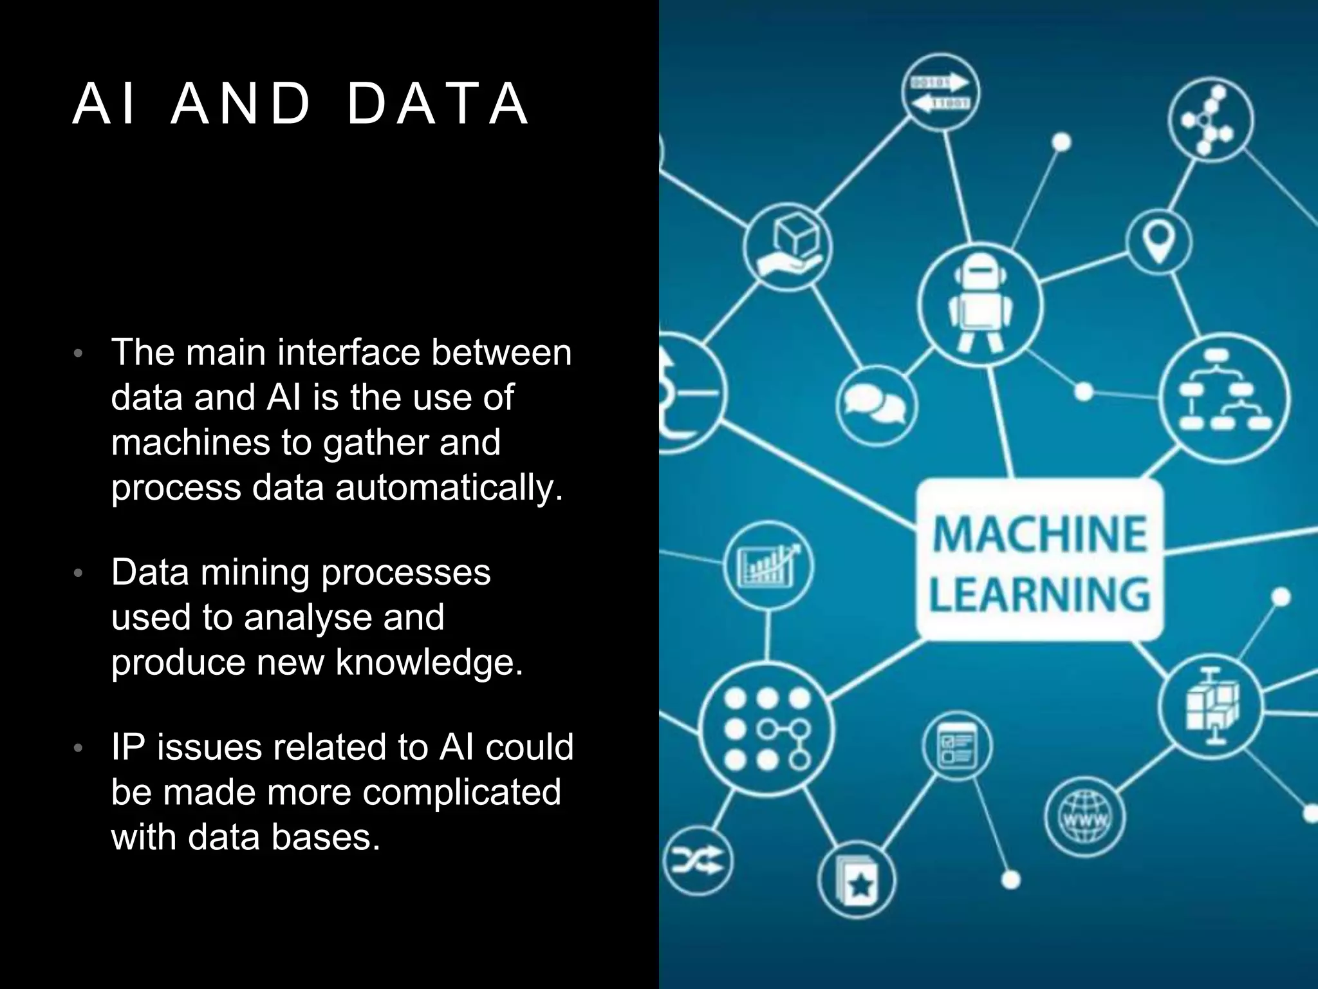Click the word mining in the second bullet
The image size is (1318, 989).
(254, 572)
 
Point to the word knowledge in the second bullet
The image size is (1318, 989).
(429, 663)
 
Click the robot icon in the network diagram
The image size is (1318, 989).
(979, 304)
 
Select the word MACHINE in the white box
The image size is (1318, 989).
(1040, 534)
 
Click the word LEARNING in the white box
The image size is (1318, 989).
(1040, 594)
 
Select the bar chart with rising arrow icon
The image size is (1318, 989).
(768, 565)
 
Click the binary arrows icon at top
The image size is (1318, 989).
(940, 93)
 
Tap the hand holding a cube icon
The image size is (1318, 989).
(788, 247)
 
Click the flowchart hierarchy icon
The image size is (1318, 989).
(1224, 397)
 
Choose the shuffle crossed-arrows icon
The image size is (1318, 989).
(698, 860)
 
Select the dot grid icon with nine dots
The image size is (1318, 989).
(766, 730)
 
